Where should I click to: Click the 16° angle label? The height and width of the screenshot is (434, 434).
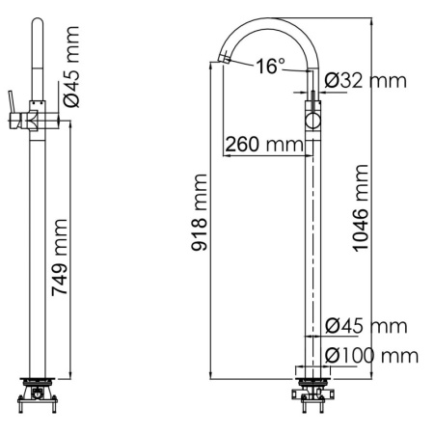270,66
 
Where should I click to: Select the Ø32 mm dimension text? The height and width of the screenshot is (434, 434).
365,81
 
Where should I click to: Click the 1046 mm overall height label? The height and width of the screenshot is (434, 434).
360,208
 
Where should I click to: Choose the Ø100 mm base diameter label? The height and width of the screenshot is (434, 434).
371,355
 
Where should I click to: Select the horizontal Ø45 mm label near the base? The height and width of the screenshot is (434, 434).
366,326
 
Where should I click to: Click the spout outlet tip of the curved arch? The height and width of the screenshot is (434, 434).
223,61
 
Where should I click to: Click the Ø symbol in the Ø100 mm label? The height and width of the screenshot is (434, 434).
332,355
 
